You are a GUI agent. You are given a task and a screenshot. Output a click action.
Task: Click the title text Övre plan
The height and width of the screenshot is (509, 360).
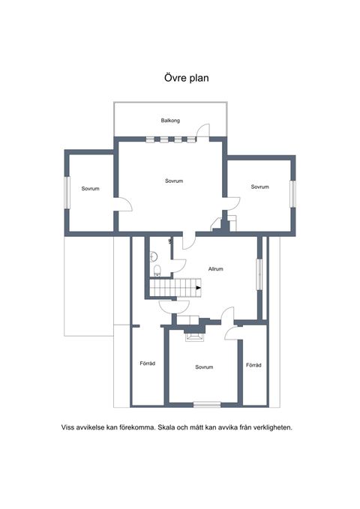coord(186,78)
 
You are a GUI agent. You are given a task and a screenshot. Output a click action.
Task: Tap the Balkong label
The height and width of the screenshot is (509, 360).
coord(170,121)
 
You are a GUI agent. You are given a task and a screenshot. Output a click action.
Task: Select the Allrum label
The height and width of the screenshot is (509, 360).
coord(216,269)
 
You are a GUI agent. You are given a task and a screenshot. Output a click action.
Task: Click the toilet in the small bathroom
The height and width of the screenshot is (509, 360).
coord(157,270)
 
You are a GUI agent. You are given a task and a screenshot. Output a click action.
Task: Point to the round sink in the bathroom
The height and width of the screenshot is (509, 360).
coord(153,256)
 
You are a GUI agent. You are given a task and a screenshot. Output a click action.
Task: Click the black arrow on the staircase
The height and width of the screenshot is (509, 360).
coord(199,288)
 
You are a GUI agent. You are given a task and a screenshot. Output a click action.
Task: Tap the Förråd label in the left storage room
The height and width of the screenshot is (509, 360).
coord(148,364)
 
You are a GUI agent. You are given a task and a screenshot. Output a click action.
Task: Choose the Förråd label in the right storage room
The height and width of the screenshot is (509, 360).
coord(253,365)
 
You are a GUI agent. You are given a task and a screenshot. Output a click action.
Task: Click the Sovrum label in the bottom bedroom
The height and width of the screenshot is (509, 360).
coord(204,367)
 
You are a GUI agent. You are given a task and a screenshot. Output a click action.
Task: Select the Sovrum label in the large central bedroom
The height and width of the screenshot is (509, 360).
coord(174,181)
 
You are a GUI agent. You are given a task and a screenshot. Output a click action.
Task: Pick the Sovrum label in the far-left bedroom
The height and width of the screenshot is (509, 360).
coord(90,189)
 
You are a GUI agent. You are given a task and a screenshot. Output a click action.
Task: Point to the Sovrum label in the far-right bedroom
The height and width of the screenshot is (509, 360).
coord(260,187)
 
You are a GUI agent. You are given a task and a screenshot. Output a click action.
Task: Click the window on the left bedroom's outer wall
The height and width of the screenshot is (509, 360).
coord(67,193)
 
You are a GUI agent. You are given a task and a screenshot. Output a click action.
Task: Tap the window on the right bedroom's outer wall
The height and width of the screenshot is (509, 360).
coord(292,194)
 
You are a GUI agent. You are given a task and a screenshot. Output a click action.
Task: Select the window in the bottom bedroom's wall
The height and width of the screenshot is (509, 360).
coord(207,405)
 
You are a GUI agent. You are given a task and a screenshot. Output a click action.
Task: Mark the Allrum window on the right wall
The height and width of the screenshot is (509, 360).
coord(259,274)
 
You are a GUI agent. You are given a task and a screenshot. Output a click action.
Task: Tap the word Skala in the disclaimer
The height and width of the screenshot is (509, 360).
coord(166,427)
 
